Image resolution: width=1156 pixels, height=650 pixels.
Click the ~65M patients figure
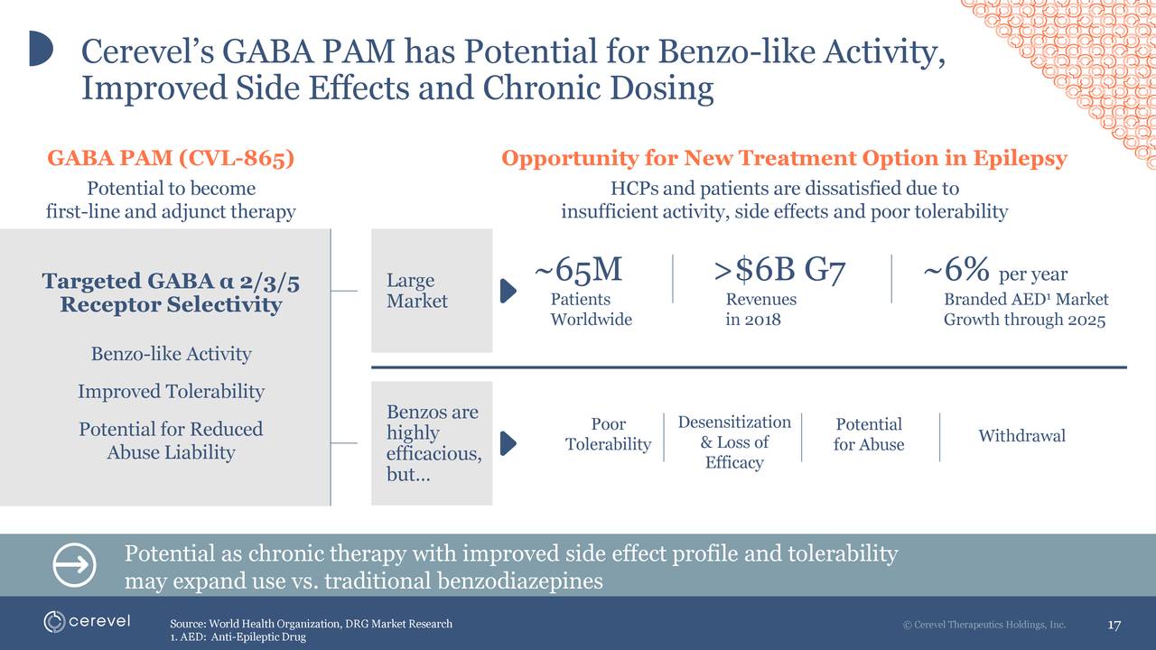[578, 270]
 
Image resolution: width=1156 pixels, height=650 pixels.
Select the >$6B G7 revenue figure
[778, 270]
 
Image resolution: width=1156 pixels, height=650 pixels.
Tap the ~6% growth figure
[956, 270]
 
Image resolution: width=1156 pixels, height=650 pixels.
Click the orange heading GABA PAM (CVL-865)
[171, 159]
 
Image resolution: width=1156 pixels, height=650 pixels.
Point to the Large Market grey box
[431, 291]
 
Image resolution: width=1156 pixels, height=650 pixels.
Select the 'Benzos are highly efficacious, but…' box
[431, 443]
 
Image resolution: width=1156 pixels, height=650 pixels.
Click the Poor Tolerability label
[608, 434]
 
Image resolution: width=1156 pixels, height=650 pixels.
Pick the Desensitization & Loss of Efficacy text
[733, 442]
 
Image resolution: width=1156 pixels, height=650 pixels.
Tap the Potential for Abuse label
[868, 434]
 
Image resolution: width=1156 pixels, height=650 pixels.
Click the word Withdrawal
[1021, 436]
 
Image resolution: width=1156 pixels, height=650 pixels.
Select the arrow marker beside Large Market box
[508, 291]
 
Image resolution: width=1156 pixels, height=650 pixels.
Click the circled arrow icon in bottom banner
[75, 565]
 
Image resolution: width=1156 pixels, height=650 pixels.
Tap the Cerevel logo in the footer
[88, 622]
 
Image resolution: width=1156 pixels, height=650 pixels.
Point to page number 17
[1114, 626]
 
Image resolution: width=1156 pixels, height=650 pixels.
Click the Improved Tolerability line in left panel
[171, 392]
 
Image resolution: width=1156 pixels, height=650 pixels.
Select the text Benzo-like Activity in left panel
[171, 354]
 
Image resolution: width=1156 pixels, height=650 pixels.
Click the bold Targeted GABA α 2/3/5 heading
[171, 293]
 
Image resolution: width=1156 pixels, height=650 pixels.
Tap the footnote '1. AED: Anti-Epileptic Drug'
[238, 637]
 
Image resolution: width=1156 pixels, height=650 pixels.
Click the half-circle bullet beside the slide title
[41, 49]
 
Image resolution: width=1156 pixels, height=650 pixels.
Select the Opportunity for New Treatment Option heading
[784, 159]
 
